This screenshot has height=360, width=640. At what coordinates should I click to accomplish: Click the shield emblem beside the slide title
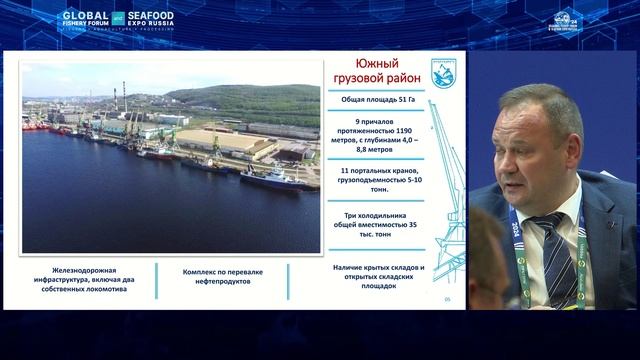[x=444, y=72]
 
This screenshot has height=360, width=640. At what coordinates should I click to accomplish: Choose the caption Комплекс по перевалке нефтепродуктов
[x=222, y=277]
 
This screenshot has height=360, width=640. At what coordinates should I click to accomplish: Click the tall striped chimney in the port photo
[x=124, y=101]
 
